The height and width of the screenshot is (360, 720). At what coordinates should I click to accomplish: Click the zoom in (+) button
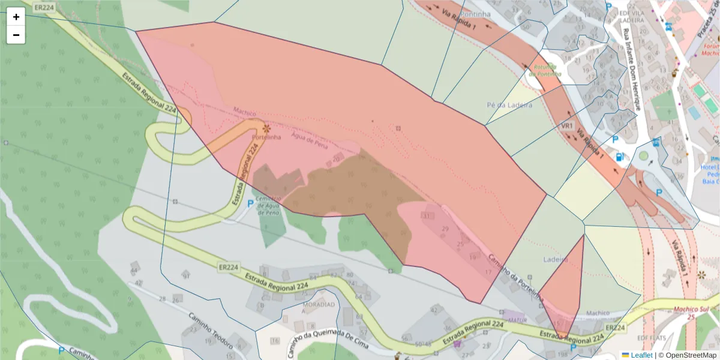pyautogui.click(x=16, y=17)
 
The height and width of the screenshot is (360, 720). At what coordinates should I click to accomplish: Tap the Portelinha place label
pyautogui.click(x=266, y=137)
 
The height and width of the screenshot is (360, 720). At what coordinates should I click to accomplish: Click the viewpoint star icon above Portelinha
pyautogui.click(x=266, y=128)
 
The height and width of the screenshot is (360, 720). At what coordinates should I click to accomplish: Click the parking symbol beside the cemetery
pyautogui.click(x=251, y=203)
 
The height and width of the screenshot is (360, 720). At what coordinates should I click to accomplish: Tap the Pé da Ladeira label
pyautogui.click(x=509, y=105)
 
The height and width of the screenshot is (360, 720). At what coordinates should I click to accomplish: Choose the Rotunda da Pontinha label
pyautogui.click(x=547, y=70)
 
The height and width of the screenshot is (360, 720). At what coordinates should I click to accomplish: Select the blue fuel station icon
pyautogui.click(x=619, y=157)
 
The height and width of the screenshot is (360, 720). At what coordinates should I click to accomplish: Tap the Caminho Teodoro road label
pyautogui.click(x=210, y=332)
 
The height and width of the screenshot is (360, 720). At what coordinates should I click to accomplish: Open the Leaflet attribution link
pyautogui.click(x=641, y=355)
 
